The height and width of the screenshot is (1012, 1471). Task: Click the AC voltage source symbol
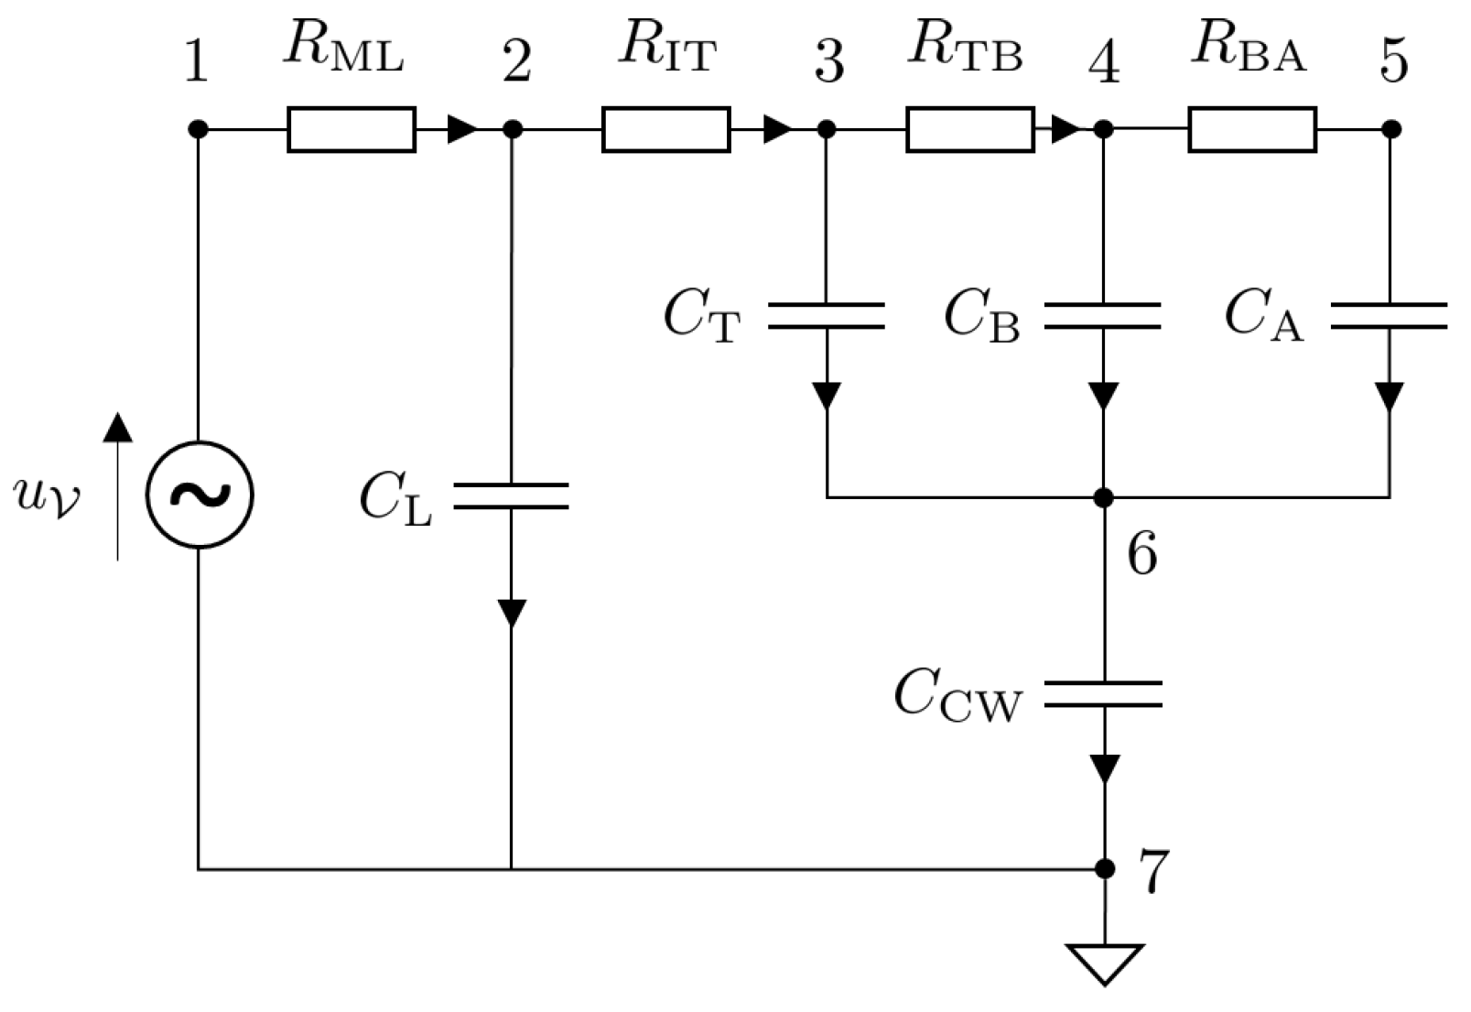click(x=199, y=495)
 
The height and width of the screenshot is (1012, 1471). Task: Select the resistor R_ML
click(x=352, y=129)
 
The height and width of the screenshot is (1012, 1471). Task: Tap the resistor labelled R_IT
click(x=665, y=129)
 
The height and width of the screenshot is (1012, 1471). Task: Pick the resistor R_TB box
click(x=970, y=129)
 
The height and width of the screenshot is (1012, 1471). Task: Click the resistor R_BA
click(x=1252, y=129)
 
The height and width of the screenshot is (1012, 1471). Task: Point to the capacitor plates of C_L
click(x=511, y=495)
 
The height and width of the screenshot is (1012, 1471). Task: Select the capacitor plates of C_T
click(x=827, y=315)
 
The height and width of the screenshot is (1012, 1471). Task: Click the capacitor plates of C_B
click(x=1103, y=315)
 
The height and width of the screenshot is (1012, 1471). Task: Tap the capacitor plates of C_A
click(x=1390, y=315)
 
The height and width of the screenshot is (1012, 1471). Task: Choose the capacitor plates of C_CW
click(x=1103, y=694)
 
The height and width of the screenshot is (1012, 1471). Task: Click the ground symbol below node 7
click(x=1105, y=962)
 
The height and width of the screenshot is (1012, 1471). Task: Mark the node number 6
click(x=1141, y=554)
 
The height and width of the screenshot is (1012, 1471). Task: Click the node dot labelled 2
click(x=513, y=129)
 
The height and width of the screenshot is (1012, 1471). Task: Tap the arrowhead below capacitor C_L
click(x=511, y=612)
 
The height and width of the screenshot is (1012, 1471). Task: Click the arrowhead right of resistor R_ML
click(x=462, y=129)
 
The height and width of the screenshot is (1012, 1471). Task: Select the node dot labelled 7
click(x=1105, y=868)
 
